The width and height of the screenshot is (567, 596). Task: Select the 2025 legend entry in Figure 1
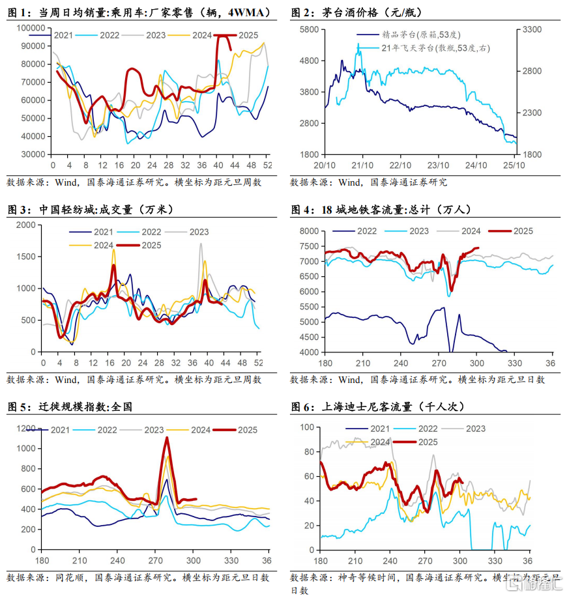(x=248, y=35)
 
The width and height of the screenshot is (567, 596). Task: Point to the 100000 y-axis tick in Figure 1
(x=30, y=28)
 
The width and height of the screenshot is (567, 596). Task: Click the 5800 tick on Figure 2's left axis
(x=306, y=30)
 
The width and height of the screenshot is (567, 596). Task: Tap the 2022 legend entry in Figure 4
(x=367, y=231)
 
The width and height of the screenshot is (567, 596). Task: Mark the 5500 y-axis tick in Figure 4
(x=306, y=307)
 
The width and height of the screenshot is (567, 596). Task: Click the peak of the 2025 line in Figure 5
(x=167, y=438)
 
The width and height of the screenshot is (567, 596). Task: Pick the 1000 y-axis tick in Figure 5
(x=26, y=449)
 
